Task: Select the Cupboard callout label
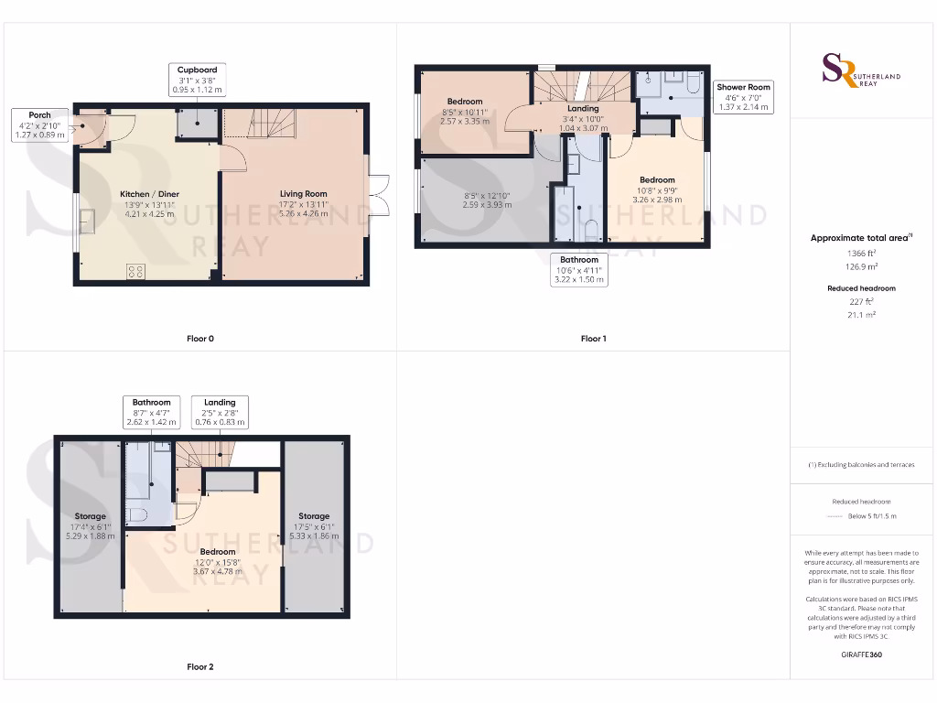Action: (x=198, y=80)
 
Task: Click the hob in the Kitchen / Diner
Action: (x=136, y=271)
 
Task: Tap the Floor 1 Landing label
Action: (x=583, y=118)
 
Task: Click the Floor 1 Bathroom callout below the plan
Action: (x=579, y=270)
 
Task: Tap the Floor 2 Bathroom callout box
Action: (x=151, y=412)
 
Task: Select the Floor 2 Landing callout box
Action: (x=220, y=412)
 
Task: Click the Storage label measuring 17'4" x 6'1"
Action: (x=90, y=526)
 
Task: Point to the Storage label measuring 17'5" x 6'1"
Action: (x=313, y=526)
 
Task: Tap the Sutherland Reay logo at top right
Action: (x=860, y=70)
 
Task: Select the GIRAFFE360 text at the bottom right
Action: (x=860, y=654)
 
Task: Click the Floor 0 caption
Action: (x=199, y=339)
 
